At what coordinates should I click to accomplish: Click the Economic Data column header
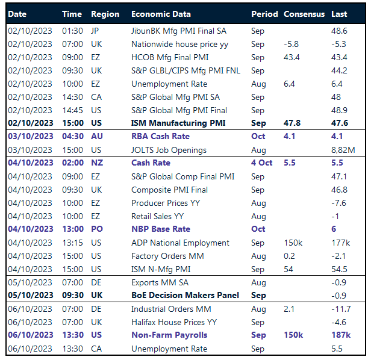[161, 14]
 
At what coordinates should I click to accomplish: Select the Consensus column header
[304, 14]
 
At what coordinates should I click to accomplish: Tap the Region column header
[105, 14]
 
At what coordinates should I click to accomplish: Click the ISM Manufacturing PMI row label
[178, 123]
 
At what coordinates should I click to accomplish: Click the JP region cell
[96, 31]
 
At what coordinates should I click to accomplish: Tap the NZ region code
[96, 163]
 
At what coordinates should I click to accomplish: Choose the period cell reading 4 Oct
[261, 163]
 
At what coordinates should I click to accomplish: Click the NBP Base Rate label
[161, 229]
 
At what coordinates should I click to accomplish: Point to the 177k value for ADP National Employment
[340, 243]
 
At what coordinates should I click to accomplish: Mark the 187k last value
[340, 335]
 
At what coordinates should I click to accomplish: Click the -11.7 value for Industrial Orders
[341, 309]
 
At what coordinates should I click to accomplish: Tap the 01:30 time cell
[72, 31]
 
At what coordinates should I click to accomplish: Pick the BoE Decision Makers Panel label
[185, 296]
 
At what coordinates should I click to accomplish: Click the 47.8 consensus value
[293, 123]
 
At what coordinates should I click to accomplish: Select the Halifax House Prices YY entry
[174, 322]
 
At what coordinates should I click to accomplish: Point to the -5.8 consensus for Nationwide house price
[291, 44]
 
